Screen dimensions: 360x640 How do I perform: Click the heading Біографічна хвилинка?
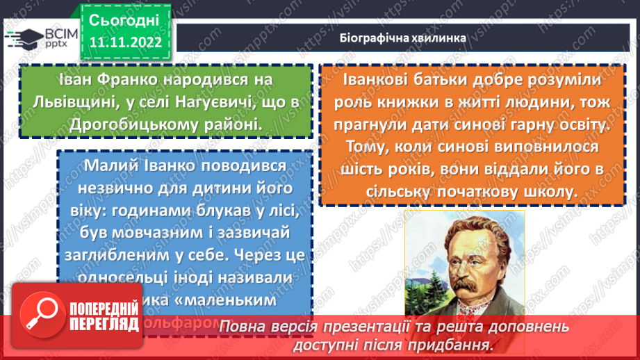[x=404, y=38]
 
